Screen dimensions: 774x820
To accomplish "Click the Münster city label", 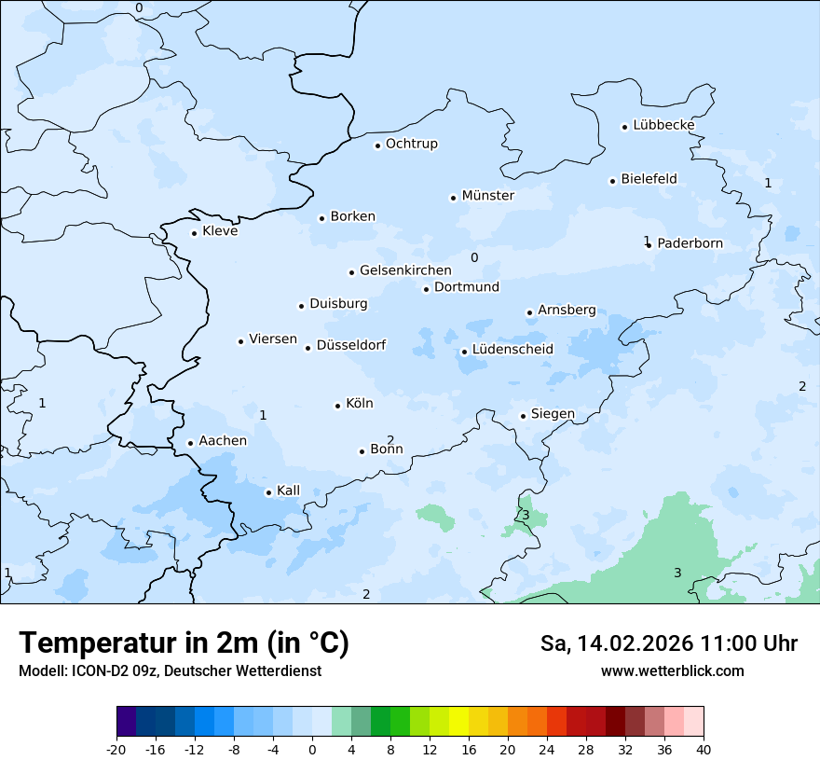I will [x=487, y=196].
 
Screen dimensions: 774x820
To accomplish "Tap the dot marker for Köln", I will [x=338, y=406].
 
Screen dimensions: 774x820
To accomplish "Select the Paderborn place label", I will [x=690, y=243].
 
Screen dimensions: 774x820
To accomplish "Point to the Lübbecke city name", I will [x=663, y=125].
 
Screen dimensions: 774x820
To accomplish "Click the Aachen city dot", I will [x=190, y=444].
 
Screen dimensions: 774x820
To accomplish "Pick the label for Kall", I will [x=288, y=491].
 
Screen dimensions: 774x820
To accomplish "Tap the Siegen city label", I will [x=553, y=414].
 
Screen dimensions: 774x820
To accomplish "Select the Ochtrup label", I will [x=411, y=144].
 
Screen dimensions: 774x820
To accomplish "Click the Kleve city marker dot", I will [x=194, y=233].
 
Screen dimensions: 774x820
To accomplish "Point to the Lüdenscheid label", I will [x=512, y=350].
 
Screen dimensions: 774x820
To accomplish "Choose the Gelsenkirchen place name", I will [x=405, y=270].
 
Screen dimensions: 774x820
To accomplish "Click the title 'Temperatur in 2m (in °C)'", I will [x=184, y=643].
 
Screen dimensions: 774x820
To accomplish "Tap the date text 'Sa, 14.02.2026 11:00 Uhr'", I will [x=669, y=643].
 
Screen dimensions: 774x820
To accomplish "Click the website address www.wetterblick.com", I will [x=672, y=670].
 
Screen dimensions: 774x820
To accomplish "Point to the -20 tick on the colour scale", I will [x=116, y=749].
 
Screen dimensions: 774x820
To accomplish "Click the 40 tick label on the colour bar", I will [x=704, y=749].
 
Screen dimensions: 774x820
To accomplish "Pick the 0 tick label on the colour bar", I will [x=312, y=749].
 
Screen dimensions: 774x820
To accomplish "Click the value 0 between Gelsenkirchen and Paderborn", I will [x=474, y=258].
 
